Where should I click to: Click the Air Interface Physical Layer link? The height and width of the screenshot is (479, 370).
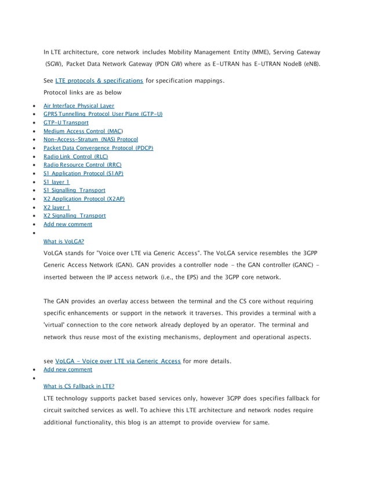(79, 106)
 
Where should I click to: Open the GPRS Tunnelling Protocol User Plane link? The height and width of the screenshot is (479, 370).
(103, 114)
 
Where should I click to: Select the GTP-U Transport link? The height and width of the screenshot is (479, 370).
(66, 122)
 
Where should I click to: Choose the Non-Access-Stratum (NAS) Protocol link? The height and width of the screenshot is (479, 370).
(90, 139)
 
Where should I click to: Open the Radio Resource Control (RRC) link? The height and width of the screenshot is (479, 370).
(82, 165)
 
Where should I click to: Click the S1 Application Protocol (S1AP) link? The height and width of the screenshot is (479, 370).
(83, 173)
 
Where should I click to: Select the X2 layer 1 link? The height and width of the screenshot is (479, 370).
(57, 207)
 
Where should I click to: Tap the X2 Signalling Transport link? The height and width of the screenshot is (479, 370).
(74, 216)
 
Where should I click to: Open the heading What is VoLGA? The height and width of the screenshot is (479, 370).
(64, 241)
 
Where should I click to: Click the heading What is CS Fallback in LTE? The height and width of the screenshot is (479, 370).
(79, 386)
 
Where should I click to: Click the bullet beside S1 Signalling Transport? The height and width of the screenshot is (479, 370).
(37, 190)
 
